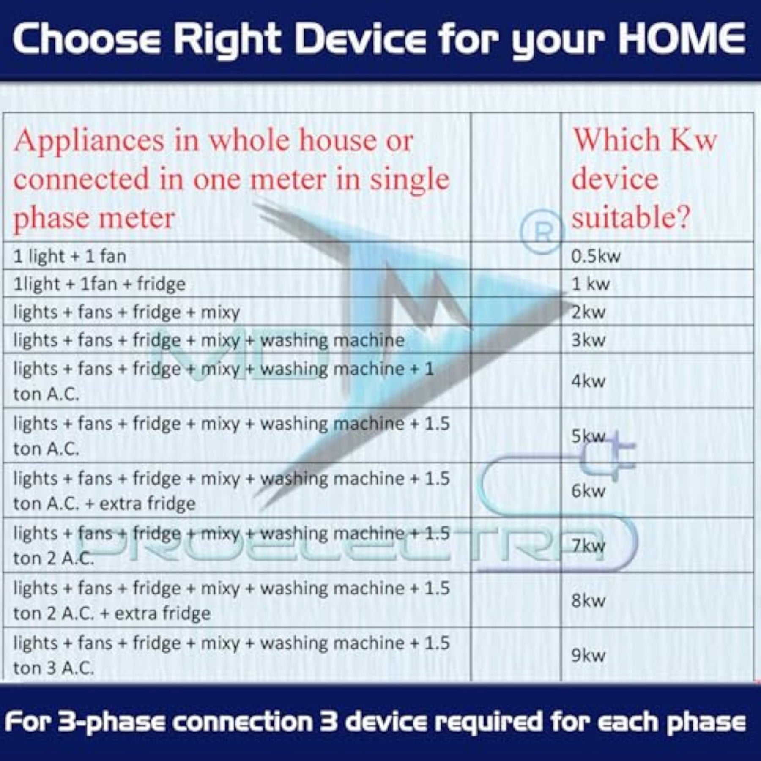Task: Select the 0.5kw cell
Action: pyautogui.click(x=596, y=256)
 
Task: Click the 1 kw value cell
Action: pyautogui.click(x=591, y=284)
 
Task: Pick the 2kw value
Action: pyautogui.click(x=589, y=312)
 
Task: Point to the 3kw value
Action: pyautogui.click(x=589, y=340)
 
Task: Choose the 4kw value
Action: pyautogui.click(x=589, y=381)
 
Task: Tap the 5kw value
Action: pyautogui.click(x=589, y=436)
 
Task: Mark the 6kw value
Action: pyautogui.click(x=589, y=491)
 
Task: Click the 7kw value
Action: pyautogui.click(x=589, y=546)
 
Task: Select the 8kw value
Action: pyautogui.click(x=589, y=601)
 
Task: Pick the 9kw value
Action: pyautogui.click(x=589, y=656)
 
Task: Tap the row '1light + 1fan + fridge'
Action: pyautogui.click(x=100, y=284)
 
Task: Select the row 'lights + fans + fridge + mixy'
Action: pyautogui.click(x=127, y=312)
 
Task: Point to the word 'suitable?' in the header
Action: pyautogui.click(x=631, y=218)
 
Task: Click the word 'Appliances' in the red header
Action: pyautogui.click(x=89, y=141)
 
